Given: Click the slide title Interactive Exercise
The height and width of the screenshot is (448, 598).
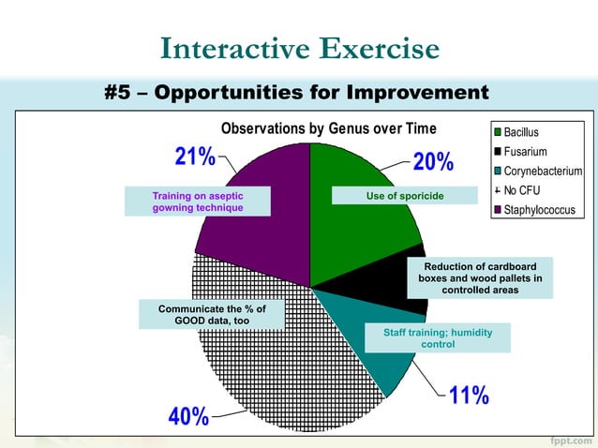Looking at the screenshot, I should tap(299, 48).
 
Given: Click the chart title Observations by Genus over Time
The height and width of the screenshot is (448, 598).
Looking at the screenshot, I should tap(328, 129).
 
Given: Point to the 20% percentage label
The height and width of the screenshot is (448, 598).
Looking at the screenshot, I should tap(433, 162).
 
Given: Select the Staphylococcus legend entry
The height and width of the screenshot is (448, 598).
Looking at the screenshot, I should tap(537, 211).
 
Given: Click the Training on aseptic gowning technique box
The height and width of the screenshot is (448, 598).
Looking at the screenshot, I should tap(198, 202).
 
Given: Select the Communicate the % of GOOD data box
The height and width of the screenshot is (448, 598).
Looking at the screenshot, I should tap(213, 314).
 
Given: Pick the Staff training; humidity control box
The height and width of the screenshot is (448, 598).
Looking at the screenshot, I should tap(439, 338).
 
